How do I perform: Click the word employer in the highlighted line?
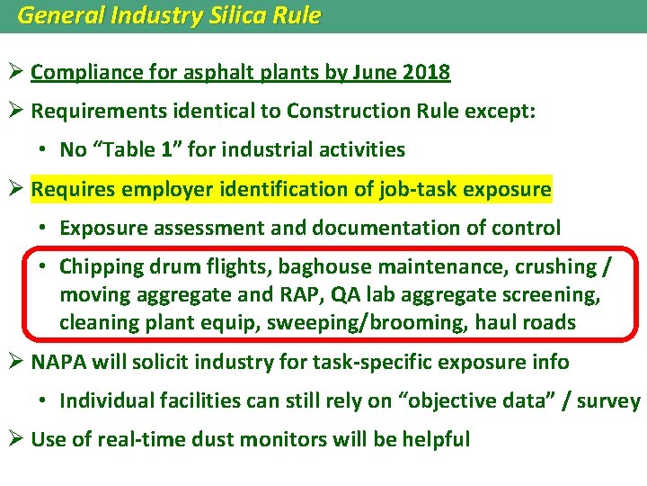(163, 189)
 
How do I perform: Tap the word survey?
(611, 401)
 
